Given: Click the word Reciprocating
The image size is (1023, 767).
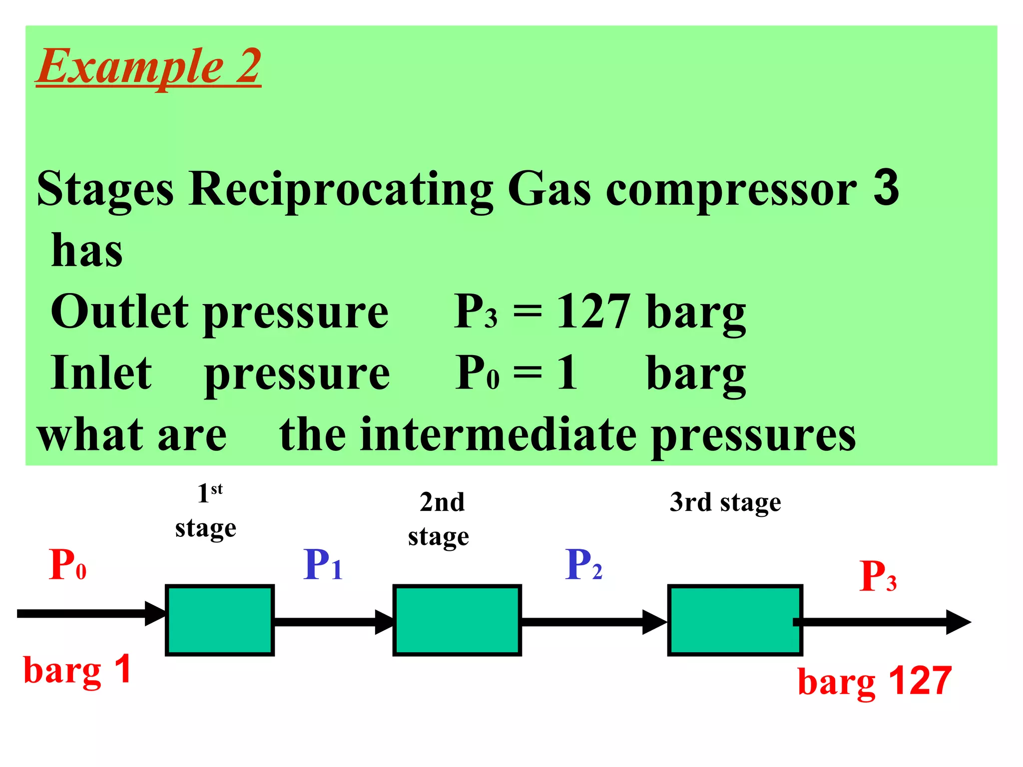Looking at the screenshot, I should point(341,190).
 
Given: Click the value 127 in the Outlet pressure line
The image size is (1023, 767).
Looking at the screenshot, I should point(593,312).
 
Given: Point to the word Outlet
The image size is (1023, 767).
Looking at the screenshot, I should point(120,312).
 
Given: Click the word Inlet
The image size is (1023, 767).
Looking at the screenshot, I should point(101,373).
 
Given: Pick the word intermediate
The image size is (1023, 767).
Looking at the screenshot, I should point(500,434).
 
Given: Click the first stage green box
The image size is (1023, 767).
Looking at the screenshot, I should point(220,620).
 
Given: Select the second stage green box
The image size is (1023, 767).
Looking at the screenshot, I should point(457,620).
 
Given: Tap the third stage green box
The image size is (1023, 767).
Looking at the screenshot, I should point(734,620).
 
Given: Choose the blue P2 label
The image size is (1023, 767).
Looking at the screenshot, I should point(583,565).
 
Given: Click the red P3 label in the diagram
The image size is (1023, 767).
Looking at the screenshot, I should point(878,577).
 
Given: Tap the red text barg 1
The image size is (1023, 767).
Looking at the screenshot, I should point(77,671).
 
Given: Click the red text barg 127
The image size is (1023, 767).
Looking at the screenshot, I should point(874,682).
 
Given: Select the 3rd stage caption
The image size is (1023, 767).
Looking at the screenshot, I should point(725,502).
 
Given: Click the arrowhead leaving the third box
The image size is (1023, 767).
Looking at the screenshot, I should point(958,622).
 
